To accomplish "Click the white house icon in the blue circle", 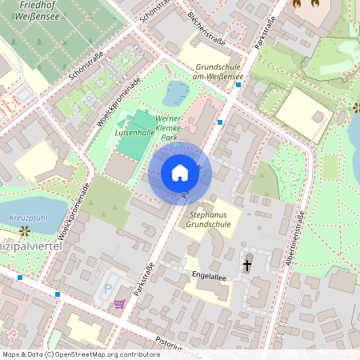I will (x=180, y=173).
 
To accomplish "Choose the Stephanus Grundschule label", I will (x=208, y=220).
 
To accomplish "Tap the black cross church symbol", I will (x=247, y=264).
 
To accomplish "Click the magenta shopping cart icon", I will (x=120, y=303).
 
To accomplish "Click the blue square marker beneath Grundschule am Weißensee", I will (x=220, y=122).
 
